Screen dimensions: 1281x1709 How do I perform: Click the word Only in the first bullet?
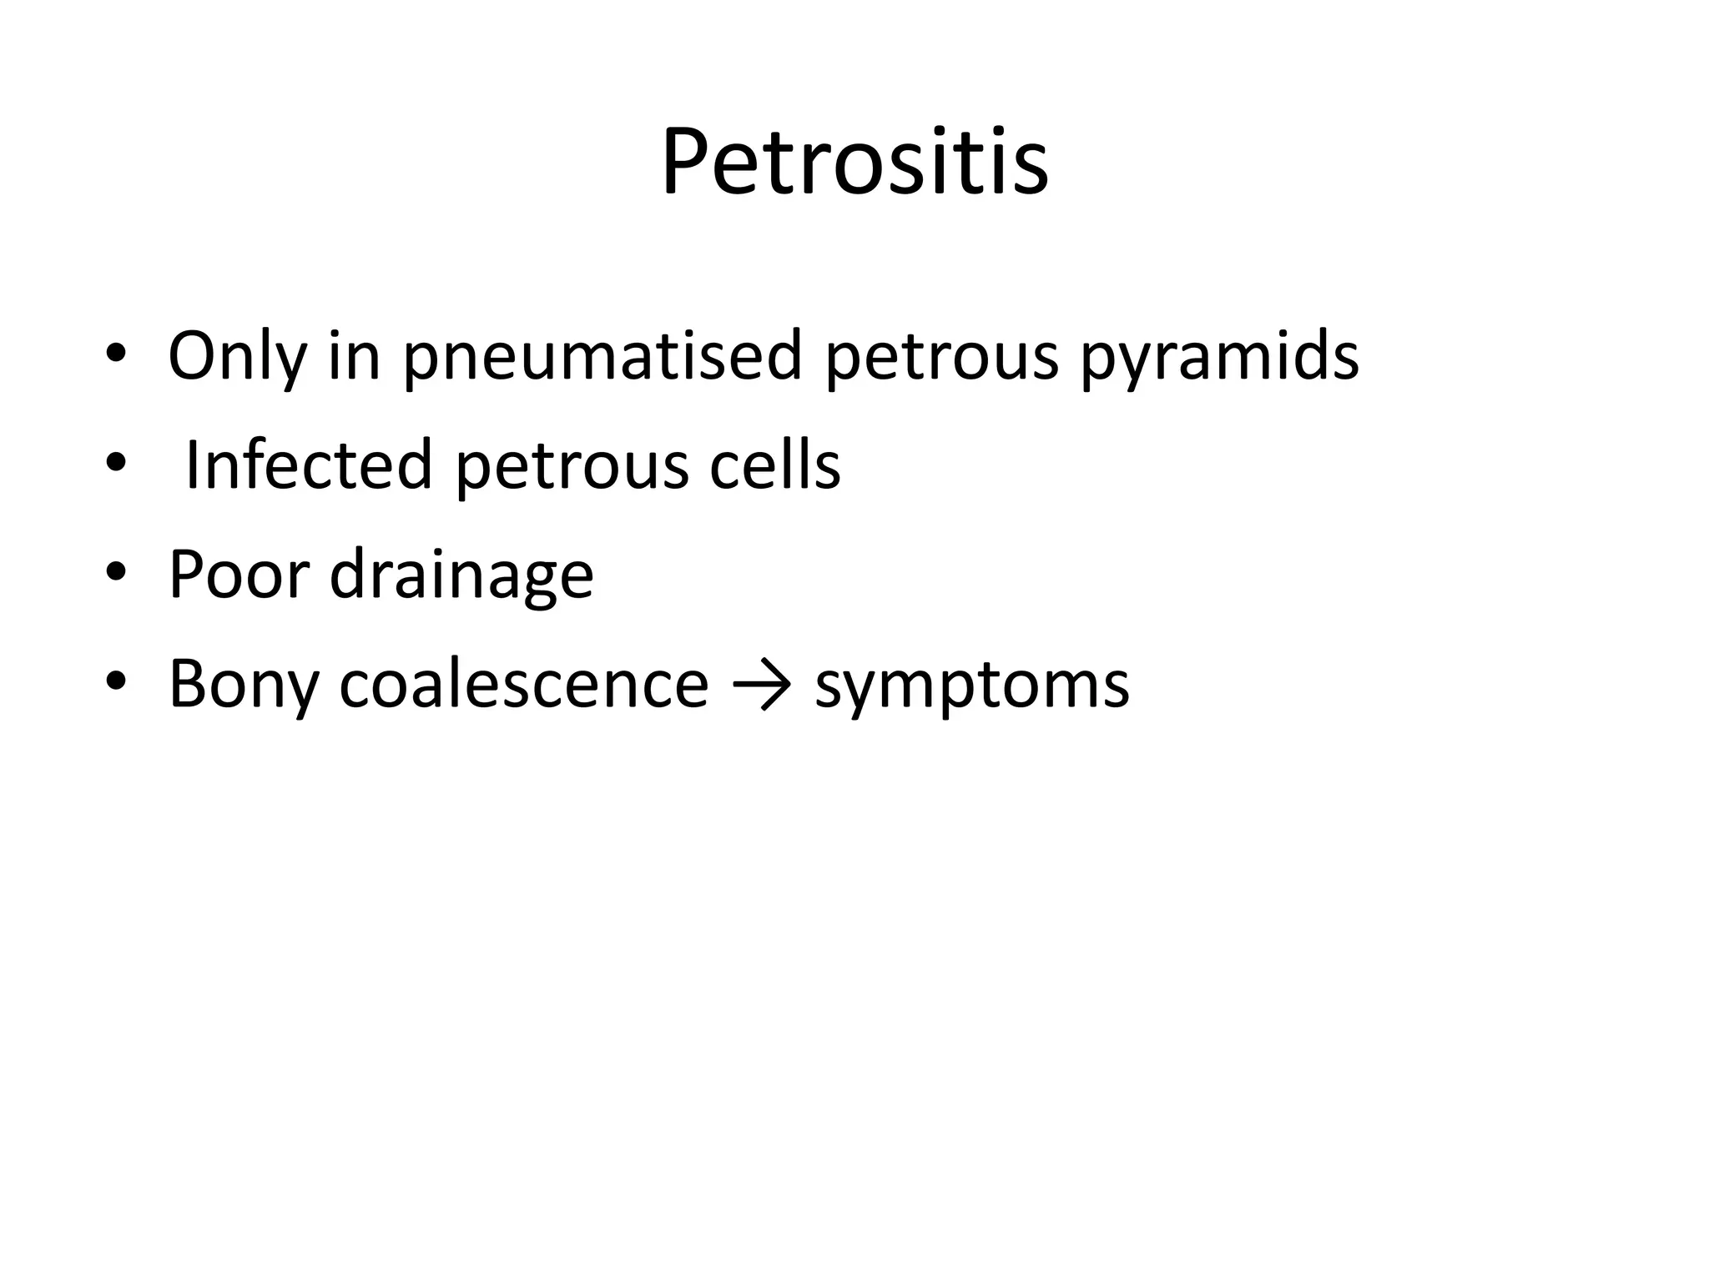click(x=236, y=357)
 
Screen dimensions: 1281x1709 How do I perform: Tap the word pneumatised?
click(x=602, y=357)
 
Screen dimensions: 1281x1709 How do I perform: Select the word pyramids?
click(x=1220, y=357)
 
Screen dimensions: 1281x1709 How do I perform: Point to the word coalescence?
click(x=524, y=684)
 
